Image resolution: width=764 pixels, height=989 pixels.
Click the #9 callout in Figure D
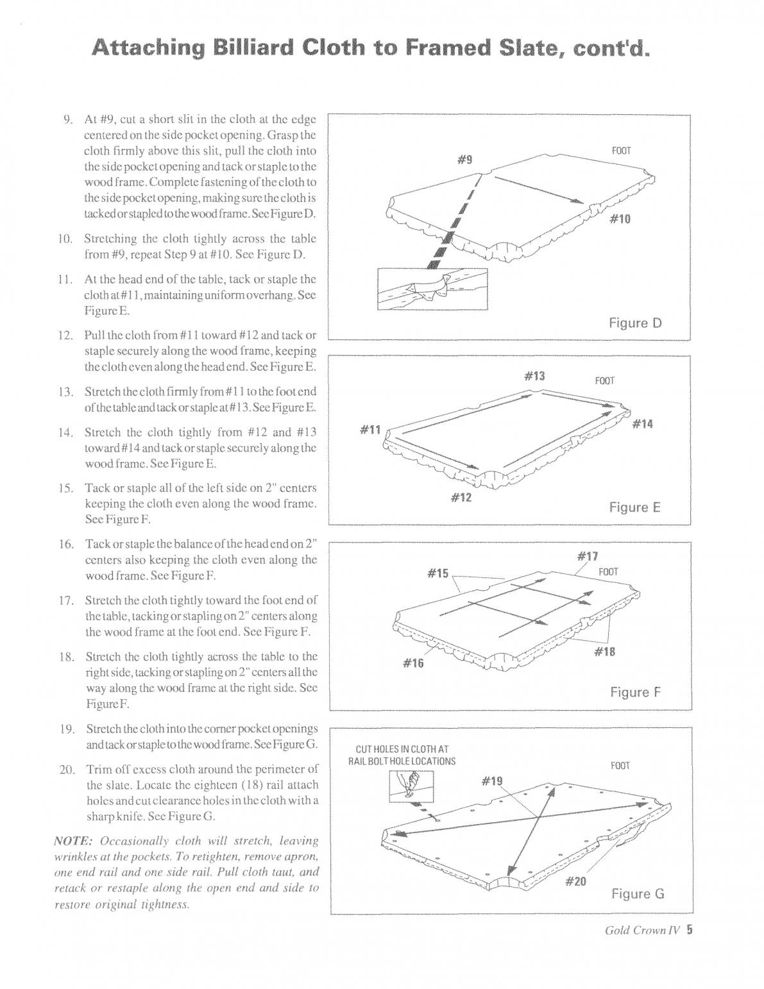click(x=465, y=160)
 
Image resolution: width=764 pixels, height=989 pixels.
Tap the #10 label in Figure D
click(x=620, y=219)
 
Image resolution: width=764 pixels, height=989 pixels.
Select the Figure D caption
click(x=634, y=323)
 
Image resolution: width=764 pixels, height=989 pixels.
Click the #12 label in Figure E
click(x=461, y=497)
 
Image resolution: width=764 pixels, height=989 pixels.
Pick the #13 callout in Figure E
click(x=534, y=375)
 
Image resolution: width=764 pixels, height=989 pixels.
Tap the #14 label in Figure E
click(x=642, y=423)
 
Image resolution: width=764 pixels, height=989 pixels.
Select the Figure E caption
click(x=634, y=507)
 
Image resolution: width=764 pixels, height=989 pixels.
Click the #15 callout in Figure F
click(x=438, y=573)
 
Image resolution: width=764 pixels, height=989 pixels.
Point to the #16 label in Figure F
click(x=413, y=663)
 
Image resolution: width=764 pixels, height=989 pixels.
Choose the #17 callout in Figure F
click(x=588, y=555)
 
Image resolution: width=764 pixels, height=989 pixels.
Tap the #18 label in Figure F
click(x=604, y=651)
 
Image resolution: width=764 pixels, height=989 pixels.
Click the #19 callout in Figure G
click(x=492, y=781)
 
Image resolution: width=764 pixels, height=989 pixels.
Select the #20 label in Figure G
click(x=575, y=881)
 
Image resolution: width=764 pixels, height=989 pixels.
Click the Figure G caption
click(x=637, y=893)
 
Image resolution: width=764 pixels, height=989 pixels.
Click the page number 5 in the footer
click(x=690, y=929)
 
